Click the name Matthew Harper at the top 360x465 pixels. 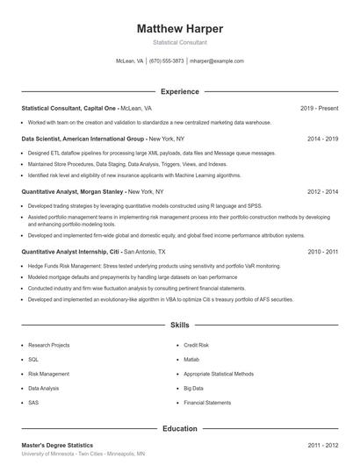(179, 28)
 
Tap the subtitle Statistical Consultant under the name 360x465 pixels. (179, 42)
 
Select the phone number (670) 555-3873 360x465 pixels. (167, 61)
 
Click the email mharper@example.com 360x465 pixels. (216, 61)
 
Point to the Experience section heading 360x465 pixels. (179, 91)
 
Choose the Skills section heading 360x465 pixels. (179, 325)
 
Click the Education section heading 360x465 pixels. (179, 428)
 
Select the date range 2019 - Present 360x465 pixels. (320, 108)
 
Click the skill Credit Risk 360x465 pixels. (197, 346)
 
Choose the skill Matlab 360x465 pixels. (192, 360)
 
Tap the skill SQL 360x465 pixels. (33, 360)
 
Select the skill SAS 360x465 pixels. (33, 402)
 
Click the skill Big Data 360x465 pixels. (194, 388)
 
